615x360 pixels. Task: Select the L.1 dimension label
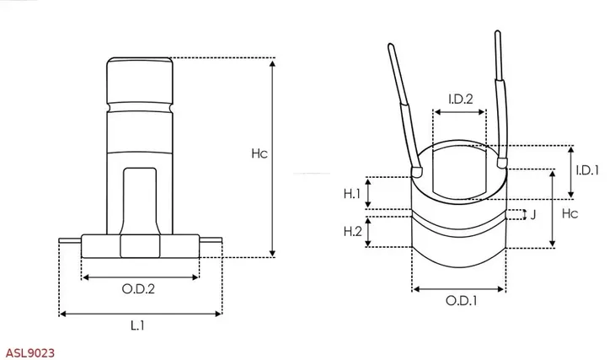[139, 325]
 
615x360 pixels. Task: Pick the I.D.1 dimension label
[586, 169]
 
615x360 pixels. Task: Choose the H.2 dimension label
[352, 231]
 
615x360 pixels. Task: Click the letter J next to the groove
[533, 214]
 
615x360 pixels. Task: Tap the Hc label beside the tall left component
[259, 154]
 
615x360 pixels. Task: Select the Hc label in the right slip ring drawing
[570, 214]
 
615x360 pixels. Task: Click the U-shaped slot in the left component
[139, 198]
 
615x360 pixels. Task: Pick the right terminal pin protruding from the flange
[211, 242]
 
